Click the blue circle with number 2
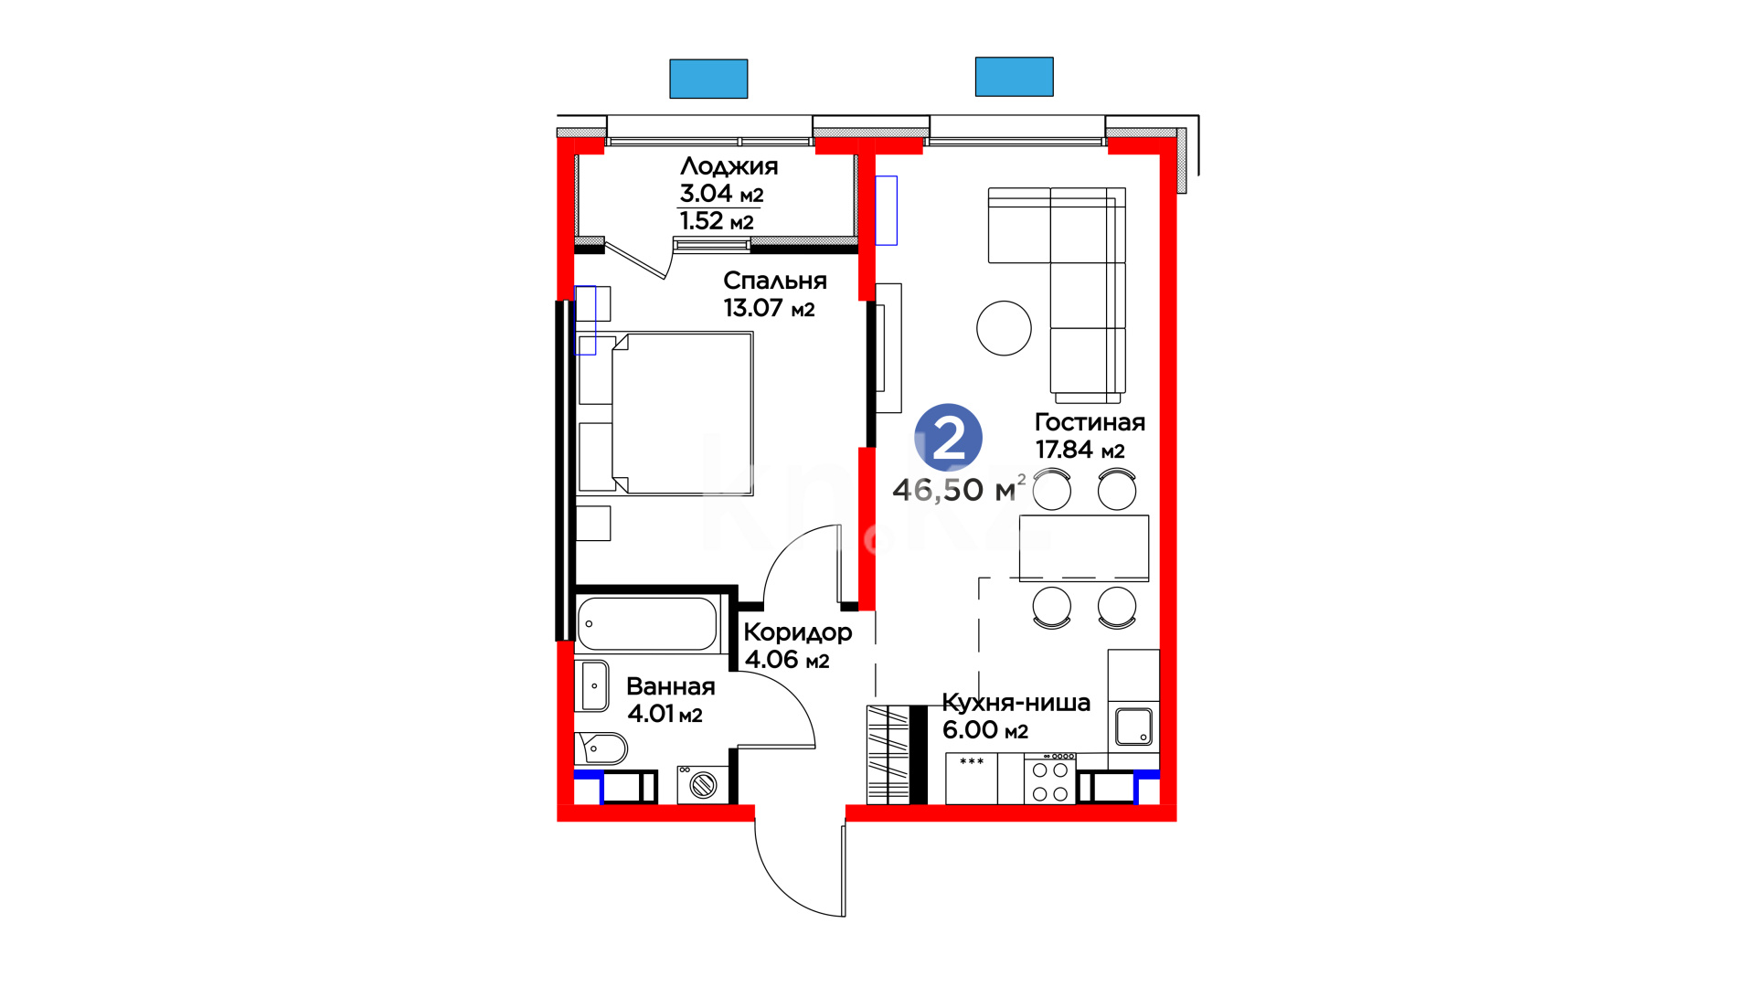tap(948, 438)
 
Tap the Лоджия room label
tap(729, 167)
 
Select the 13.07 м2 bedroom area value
tap(769, 308)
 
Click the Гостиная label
tap(1090, 422)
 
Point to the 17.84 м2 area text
tap(1080, 450)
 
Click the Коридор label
tap(797, 632)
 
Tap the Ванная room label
tap(670, 686)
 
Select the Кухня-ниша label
tap(1016, 703)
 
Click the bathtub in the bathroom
tap(647, 623)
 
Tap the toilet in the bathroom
tap(601, 748)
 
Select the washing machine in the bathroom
tap(702, 784)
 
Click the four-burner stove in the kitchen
tap(1049, 779)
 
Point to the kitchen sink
tap(1133, 727)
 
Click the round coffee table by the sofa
tap(1004, 328)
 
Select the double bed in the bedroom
tap(682, 413)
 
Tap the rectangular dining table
tap(1084, 547)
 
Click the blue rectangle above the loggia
tap(708, 79)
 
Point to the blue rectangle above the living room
tap(1014, 77)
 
